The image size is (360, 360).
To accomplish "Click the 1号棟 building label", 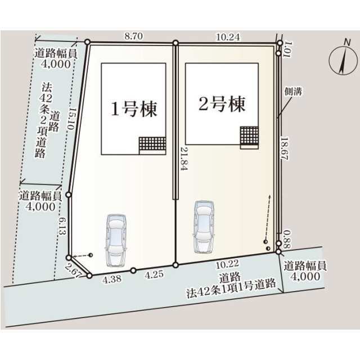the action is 134,109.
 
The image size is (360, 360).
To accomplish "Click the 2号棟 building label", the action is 222,104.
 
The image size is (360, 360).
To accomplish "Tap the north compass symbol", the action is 343,58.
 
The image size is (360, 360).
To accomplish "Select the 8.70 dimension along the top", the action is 134,36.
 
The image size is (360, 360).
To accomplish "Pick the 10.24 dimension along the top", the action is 228,37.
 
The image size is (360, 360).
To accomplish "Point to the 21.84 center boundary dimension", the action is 184,159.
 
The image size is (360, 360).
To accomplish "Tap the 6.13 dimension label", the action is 62,226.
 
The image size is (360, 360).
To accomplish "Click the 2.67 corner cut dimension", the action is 72,271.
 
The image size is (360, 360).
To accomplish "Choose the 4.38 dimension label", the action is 112,280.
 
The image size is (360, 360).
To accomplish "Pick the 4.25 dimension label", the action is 154,274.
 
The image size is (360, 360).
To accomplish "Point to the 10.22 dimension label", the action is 227,264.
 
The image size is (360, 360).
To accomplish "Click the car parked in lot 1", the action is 116,240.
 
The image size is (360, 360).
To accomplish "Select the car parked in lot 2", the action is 204,227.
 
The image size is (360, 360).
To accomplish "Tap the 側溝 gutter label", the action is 293,91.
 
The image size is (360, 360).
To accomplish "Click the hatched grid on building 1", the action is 152,144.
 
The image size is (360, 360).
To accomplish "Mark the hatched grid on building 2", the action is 249,136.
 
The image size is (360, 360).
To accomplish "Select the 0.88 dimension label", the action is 287,240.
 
